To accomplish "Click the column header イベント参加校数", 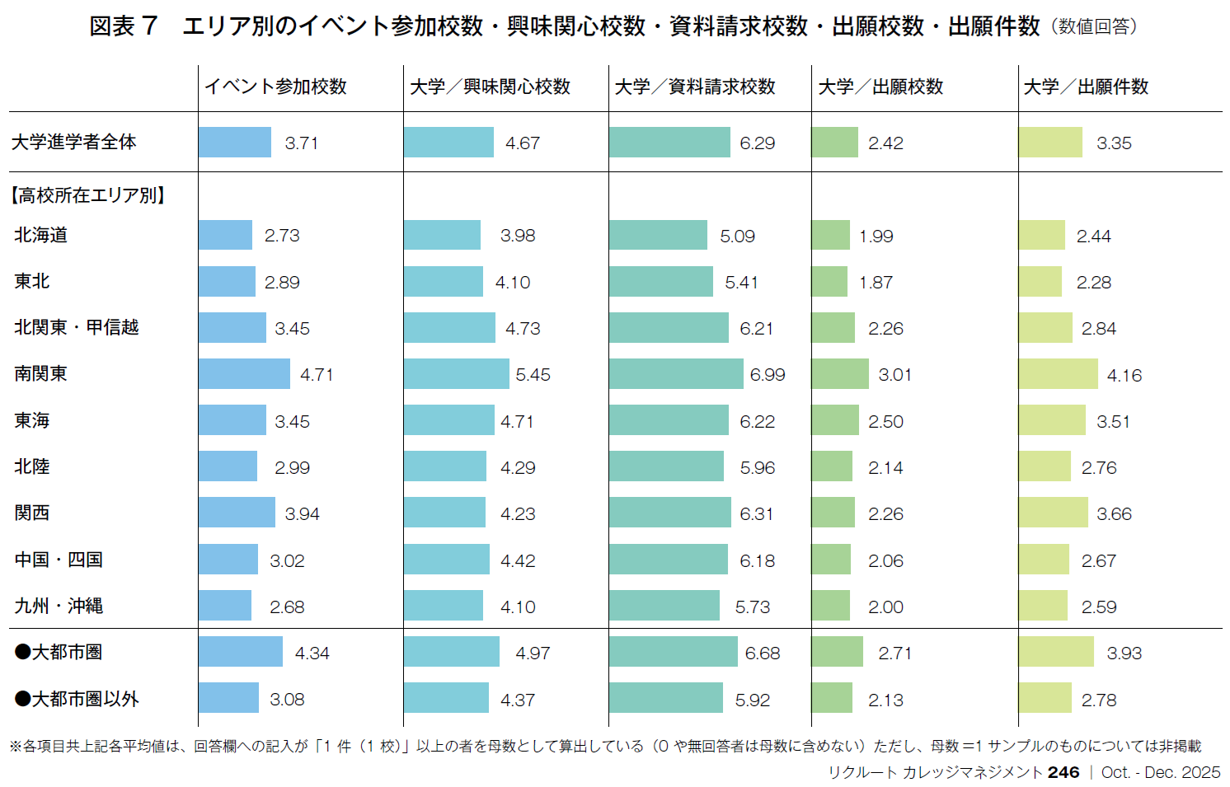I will [275, 87].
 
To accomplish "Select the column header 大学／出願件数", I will [1086, 87].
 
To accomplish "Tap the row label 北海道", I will [40, 236].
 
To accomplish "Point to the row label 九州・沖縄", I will [59, 607].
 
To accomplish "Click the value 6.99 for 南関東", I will [767, 375].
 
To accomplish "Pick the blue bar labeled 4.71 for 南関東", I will [244, 374].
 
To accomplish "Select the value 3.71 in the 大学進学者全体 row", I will [301, 143].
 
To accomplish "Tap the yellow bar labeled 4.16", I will [1058, 374].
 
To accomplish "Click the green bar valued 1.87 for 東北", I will [829, 282].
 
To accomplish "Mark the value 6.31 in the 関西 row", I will [756, 514].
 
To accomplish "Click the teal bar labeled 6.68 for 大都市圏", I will [673, 652].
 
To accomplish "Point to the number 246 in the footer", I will [1063, 772].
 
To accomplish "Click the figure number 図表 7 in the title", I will [123, 26].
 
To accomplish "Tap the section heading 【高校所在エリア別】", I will [88, 195].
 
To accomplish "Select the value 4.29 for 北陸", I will [518, 468].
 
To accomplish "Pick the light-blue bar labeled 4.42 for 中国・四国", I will [446, 560].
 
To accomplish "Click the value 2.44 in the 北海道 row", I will [1093, 237].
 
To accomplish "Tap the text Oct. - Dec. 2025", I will [1160, 772].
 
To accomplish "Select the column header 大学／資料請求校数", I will [695, 87].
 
